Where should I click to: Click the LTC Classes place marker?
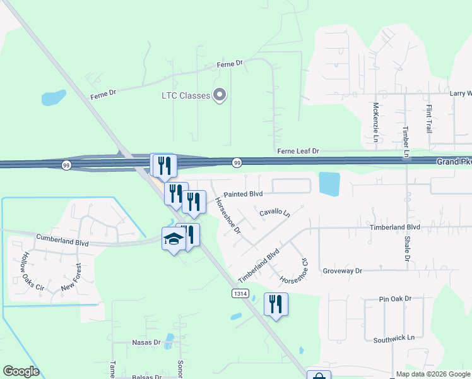[220, 95]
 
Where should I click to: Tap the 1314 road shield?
[239, 294]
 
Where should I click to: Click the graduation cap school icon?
[173, 238]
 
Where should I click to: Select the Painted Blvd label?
[242, 194]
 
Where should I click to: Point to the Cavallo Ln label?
[274, 214]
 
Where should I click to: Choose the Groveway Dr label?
[342, 270]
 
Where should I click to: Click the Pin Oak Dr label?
[395, 298]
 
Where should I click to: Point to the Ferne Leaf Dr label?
[298, 152]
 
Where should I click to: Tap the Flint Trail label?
[428, 119]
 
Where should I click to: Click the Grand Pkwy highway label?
[454, 162]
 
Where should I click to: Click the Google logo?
[21, 371]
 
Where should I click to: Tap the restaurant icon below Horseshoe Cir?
[276, 304]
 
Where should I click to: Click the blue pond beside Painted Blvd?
[329, 184]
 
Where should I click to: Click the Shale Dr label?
[407, 250]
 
